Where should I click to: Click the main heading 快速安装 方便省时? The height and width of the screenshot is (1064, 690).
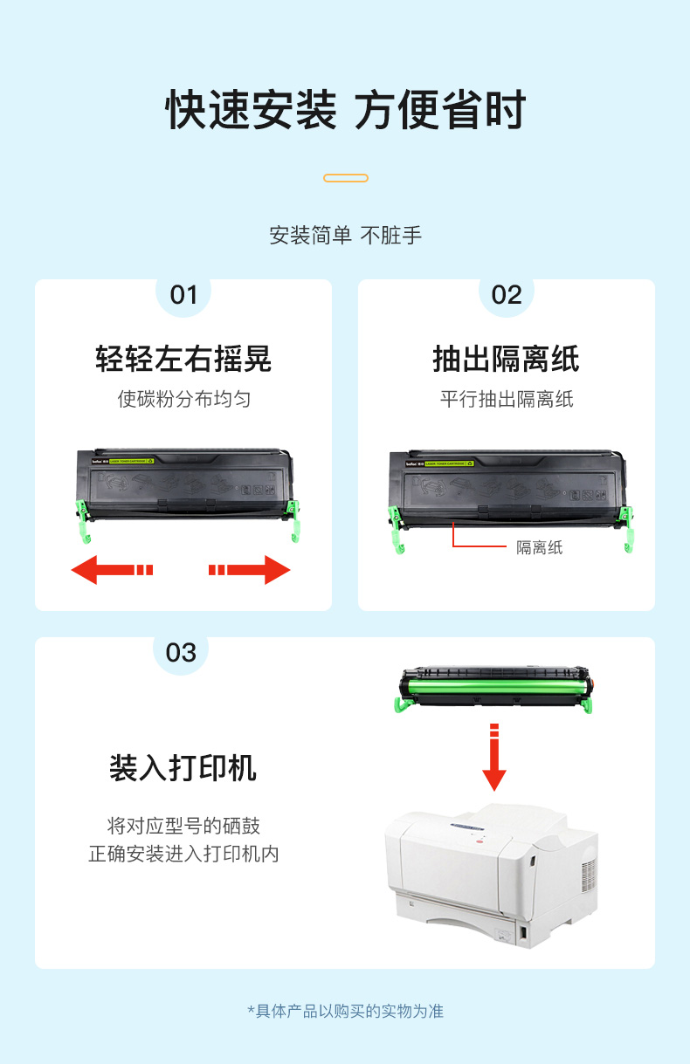[346, 110]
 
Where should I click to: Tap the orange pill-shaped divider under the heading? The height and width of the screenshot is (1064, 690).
[346, 178]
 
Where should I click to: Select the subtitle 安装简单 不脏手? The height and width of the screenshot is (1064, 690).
[346, 236]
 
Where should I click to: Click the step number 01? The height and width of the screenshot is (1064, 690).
[183, 295]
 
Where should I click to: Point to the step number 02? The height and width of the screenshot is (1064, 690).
[507, 295]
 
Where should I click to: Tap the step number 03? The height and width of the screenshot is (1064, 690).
[181, 653]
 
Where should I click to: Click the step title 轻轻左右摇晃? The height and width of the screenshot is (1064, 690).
[183, 359]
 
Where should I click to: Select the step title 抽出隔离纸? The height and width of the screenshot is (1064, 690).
[506, 359]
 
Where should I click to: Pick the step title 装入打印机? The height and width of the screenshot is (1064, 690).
[183, 767]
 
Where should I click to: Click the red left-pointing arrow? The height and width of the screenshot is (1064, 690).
[112, 569]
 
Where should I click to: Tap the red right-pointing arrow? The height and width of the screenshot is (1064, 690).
[250, 569]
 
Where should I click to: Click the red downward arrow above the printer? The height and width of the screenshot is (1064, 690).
[494, 757]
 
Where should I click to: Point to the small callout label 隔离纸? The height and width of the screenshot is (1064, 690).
[540, 547]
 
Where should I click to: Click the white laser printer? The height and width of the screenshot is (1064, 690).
[492, 875]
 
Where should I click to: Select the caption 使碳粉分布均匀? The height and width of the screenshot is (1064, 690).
[184, 399]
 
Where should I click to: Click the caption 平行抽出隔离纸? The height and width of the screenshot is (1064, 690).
[507, 399]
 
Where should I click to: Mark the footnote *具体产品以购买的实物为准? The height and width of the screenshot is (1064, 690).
[346, 1011]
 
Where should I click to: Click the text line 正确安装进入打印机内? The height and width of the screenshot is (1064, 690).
[183, 854]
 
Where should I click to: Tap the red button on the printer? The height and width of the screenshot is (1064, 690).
[480, 841]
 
